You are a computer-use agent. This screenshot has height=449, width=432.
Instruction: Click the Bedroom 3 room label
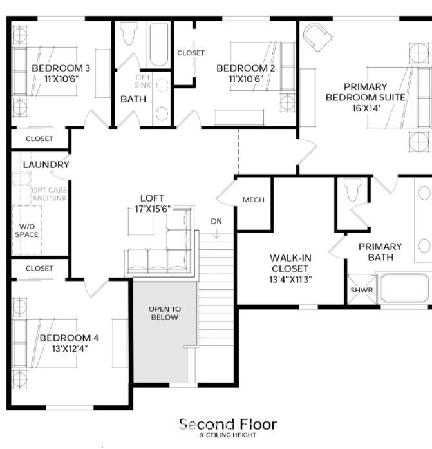[x=61, y=68]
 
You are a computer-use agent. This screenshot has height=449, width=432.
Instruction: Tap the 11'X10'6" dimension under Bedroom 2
[x=246, y=79]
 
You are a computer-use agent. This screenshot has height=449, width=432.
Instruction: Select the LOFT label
[x=152, y=198]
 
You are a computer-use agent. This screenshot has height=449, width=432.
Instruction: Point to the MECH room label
[x=254, y=200]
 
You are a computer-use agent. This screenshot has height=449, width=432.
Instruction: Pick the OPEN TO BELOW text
[x=165, y=313]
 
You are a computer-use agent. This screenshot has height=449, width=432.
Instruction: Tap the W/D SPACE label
[x=26, y=231]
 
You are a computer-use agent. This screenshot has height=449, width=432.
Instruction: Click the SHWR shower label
[x=362, y=290]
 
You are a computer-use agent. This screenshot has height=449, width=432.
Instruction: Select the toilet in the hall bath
[x=128, y=33]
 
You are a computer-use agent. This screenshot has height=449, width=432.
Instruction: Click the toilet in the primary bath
[x=352, y=189]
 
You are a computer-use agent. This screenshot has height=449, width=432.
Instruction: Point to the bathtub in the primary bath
[x=404, y=288]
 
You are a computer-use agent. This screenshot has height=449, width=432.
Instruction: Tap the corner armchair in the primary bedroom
[x=317, y=37]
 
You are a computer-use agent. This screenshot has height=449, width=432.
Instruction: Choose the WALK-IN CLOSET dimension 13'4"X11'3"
[x=290, y=280]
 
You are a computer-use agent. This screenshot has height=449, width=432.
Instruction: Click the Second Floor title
[x=228, y=425]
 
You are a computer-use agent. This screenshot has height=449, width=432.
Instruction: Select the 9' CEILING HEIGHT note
[x=228, y=435]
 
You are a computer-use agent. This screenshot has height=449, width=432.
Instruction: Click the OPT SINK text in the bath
[x=143, y=81]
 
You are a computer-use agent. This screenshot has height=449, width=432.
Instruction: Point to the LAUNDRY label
[x=46, y=165]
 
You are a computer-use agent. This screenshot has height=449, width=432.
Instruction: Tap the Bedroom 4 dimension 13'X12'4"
[x=70, y=349]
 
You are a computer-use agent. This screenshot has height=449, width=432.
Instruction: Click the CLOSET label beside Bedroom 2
[x=191, y=53]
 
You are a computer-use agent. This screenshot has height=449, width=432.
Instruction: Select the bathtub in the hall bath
[x=159, y=44]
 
